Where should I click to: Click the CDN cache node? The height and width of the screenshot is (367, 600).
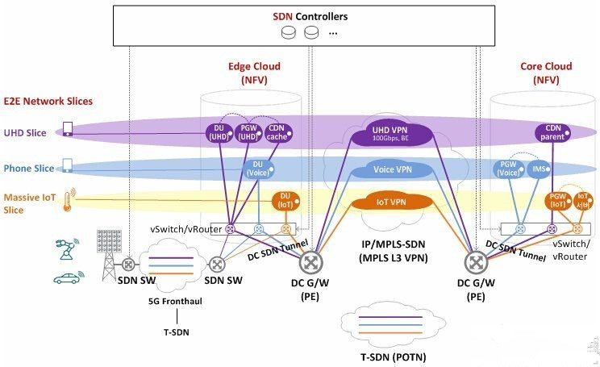(278, 132)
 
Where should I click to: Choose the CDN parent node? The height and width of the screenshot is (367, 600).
(554, 132)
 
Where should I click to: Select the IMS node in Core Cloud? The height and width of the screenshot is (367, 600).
(540, 169)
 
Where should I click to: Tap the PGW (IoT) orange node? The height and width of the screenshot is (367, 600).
(556, 201)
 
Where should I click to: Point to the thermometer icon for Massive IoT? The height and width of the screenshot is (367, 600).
(69, 198)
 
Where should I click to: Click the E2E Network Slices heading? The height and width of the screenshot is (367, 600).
(48, 101)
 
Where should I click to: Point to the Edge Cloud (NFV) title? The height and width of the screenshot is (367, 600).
(252, 74)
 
